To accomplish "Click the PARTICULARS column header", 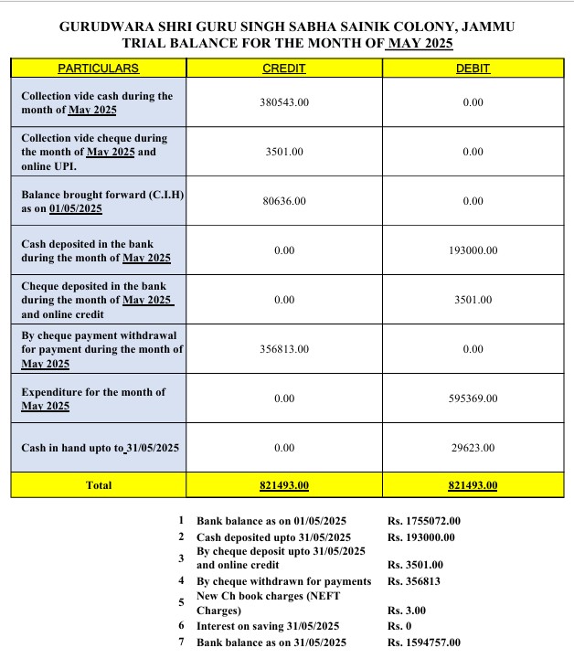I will point(98,69).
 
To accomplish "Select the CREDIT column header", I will point(283,69).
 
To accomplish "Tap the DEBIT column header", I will point(473,69).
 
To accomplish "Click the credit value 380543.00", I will point(284,102).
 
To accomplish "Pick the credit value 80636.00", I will point(284,201).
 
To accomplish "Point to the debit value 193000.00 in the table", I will point(473,250).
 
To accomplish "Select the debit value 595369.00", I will point(473,398).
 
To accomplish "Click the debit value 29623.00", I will point(473,448).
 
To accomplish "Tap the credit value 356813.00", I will point(284,349).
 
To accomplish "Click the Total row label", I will point(98,485).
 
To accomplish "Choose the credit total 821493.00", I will point(284,485).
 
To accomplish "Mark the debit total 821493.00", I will point(473,485).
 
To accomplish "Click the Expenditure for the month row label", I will point(93,398).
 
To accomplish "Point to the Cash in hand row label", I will point(100,448).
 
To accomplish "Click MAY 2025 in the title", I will point(420,43).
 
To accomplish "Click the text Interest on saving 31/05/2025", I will point(268,626).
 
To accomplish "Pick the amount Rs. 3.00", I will point(407,611).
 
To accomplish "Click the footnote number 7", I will point(181,642).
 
